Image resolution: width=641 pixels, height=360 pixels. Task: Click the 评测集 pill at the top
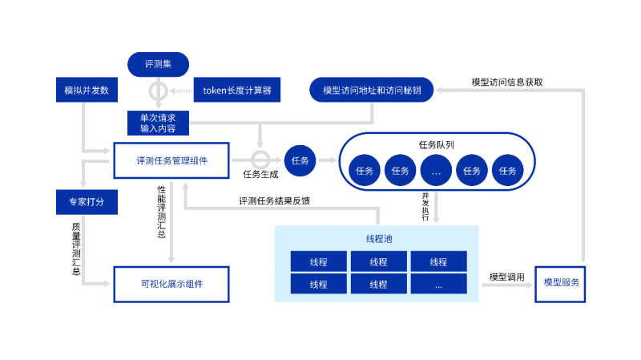(x=157, y=63)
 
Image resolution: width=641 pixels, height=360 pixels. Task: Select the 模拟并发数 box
(x=87, y=91)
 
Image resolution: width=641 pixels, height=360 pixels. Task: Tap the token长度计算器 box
(x=236, y=91)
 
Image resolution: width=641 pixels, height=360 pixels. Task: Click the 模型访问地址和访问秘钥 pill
(x=371, y=91)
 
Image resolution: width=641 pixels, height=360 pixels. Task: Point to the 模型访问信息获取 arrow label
(x=506, y=82)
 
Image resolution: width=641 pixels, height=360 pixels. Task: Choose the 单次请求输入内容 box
(x=158, y=123)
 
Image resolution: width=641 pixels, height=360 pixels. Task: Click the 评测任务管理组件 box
(x=171, y=160)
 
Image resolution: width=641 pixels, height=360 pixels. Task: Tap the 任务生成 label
(x=260, y=174)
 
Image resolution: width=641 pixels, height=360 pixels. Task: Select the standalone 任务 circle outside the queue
(x=300, y=160)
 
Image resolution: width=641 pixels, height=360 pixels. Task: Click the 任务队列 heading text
(x=437, y=145)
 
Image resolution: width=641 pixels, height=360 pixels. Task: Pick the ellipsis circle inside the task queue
(x=436, y=170)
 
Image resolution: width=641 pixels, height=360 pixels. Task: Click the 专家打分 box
(x=87, y=202)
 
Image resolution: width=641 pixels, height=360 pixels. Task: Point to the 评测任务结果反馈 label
(x=275, y=201)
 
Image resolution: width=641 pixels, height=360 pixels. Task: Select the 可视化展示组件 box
(x=171, y=284)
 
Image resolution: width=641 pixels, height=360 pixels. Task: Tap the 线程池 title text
(x=377, y=239)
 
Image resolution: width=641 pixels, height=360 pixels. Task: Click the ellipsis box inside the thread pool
(x=438, y=284)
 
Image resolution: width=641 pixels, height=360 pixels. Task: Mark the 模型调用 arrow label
(x=506, y=277)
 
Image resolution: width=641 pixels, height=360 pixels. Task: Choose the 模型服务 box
(x=560, y=283)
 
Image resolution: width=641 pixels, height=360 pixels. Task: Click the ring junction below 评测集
(x=158, y=91)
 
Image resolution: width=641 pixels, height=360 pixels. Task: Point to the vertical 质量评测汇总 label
(x=76, y=249)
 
